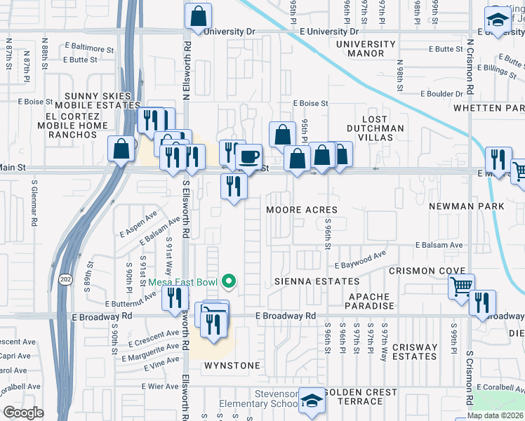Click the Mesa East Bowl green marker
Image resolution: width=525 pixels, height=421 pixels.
point(228,282)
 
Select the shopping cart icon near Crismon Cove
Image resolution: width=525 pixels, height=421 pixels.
point(462,286)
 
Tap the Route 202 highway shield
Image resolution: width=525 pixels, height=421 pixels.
point(63,269)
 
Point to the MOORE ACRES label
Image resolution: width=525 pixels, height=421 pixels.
point(302,210)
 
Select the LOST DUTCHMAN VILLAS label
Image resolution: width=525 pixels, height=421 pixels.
point(376,133)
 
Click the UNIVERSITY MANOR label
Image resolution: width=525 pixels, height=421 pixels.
point(366,49)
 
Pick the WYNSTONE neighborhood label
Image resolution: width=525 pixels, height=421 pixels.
point(232,366)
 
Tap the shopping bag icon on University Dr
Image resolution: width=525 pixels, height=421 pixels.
point(199,15)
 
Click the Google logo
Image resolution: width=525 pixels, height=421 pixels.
point(23,412)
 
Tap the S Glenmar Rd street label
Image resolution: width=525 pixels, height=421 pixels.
point(34,203)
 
